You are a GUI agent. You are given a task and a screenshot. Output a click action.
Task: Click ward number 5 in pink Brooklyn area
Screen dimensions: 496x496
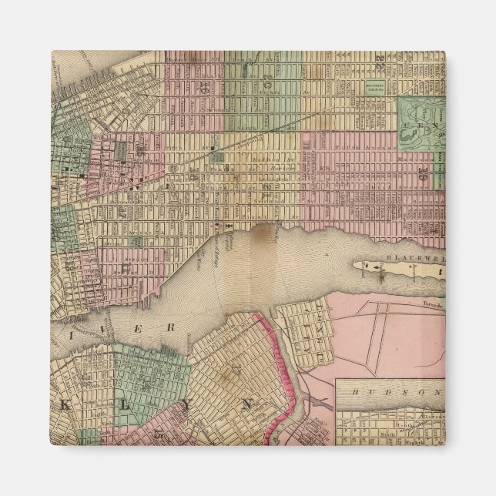click(x=159, y=434)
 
